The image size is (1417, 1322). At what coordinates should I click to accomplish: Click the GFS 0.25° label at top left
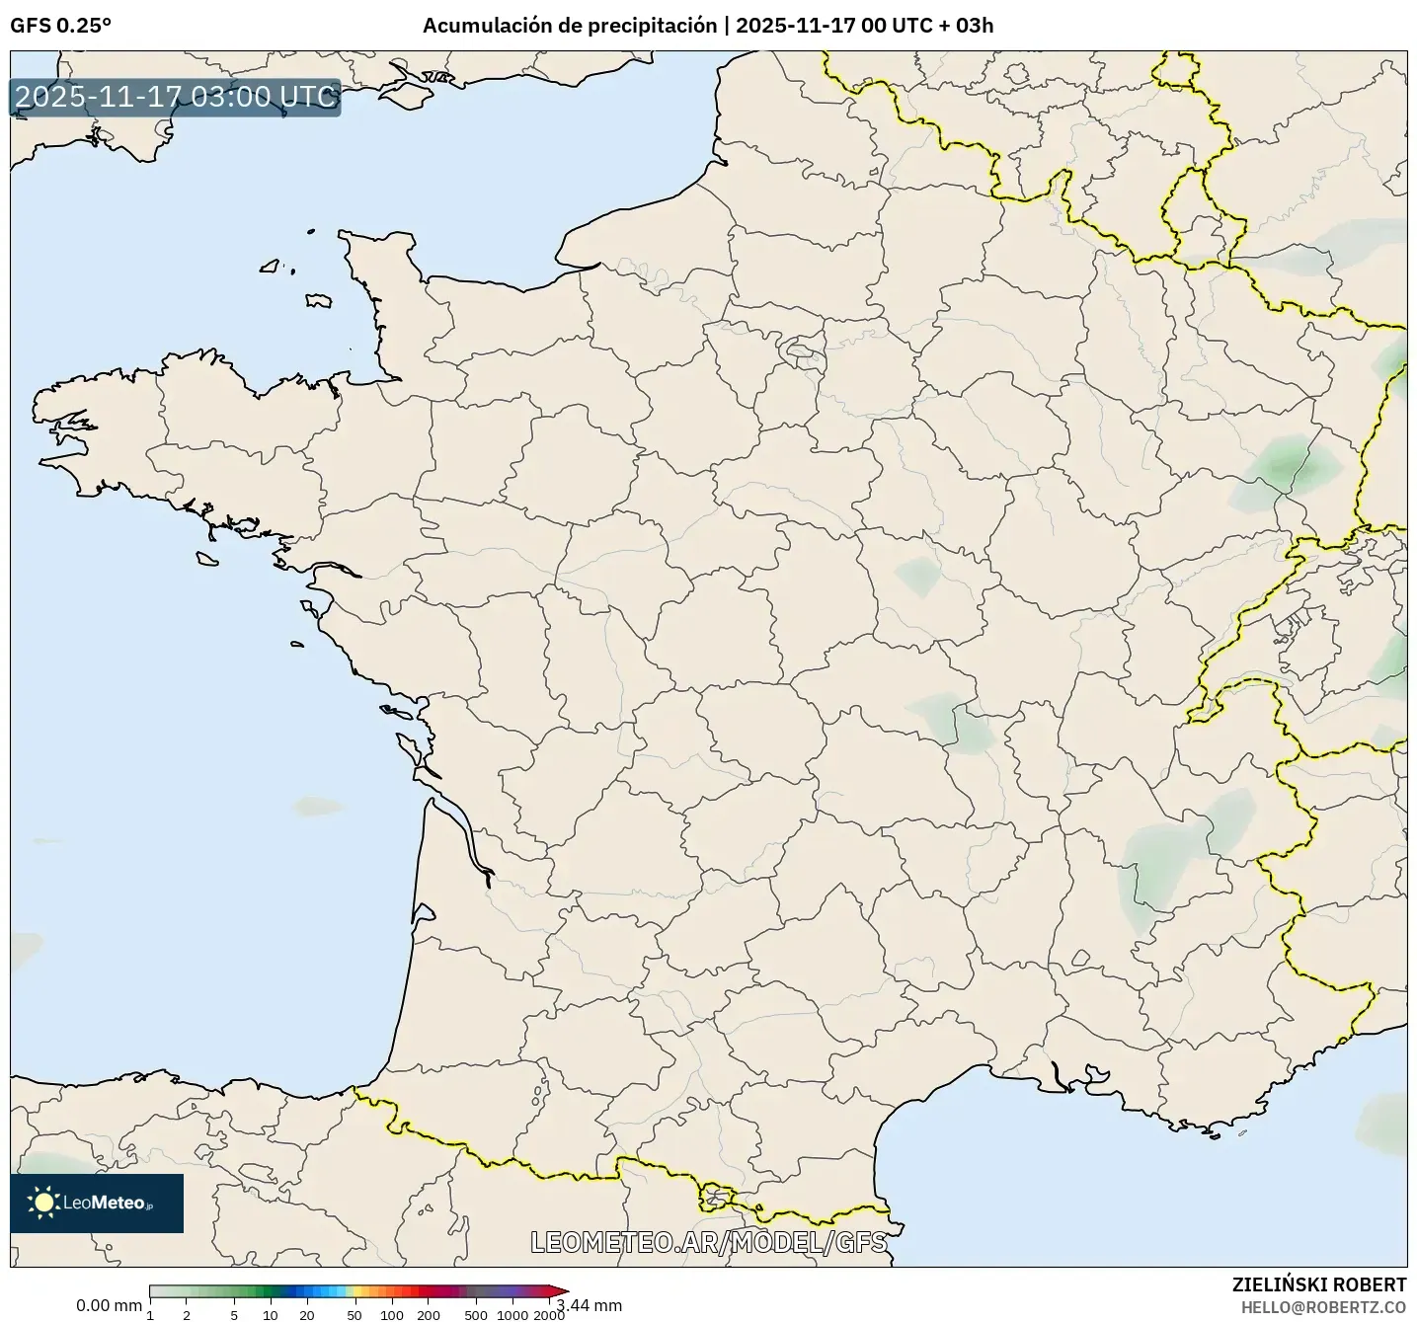coord(60,26)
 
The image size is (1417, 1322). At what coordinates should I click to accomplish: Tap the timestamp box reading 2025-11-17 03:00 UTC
coord(176,98)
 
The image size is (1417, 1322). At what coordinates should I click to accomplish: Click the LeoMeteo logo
coord(97,1203)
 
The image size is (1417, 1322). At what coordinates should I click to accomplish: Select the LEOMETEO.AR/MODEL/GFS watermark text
coord(708,1241)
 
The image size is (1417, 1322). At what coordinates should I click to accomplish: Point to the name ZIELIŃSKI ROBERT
coord(1319,1284)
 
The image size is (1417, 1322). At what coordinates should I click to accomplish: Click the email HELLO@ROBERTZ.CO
coord(1323,1306)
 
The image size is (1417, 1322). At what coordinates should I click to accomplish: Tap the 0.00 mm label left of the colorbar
coord(109,1305)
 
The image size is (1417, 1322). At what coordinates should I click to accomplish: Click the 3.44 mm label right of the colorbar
coord(590,1305)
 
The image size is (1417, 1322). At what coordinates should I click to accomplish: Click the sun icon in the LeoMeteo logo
coord(43,1202)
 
